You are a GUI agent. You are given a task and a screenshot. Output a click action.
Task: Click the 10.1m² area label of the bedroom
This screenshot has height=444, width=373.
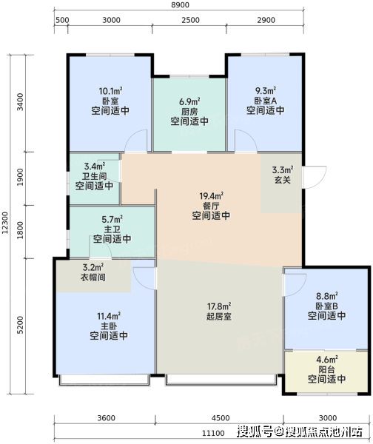(110, 91)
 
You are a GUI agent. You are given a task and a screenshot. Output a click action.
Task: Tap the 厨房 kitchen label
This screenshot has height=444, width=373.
(189, 111)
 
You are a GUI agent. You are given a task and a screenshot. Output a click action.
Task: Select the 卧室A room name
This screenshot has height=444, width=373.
(266, 101)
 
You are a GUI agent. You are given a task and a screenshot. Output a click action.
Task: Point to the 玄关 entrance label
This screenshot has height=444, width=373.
(283, 180)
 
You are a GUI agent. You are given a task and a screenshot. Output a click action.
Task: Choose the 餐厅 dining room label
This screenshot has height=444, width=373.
(211, 206)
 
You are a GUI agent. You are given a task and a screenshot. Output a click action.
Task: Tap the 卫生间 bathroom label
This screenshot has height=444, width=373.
(94, 176)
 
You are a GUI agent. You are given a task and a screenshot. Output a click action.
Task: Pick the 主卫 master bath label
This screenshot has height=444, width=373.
(112, 229)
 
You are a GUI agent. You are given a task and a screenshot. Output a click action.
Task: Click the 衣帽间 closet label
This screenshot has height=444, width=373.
(93, 277)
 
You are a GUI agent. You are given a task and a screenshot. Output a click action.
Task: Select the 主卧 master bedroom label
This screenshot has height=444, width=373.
(109, 326)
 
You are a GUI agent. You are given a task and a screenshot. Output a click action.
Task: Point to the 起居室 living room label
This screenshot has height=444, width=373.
(219, 316)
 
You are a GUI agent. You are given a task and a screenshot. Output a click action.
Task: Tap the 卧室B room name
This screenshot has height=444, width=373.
(327, 306)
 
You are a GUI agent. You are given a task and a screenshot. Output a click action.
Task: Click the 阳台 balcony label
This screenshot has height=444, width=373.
(327, 369)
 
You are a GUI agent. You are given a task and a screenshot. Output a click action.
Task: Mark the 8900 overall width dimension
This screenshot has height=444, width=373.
(180, 5)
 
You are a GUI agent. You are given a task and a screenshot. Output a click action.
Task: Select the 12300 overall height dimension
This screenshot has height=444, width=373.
(5, 223)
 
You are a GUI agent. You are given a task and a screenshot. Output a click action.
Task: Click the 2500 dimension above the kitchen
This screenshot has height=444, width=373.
(190, 20)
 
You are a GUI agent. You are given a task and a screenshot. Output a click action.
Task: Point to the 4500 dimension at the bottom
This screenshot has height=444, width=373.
(221, 418)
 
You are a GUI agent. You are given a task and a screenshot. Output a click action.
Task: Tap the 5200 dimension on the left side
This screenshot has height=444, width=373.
(20, 325)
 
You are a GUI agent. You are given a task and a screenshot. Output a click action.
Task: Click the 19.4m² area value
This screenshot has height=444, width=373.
(211, 195)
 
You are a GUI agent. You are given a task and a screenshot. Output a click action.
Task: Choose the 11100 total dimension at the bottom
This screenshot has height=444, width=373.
(213, 433)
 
